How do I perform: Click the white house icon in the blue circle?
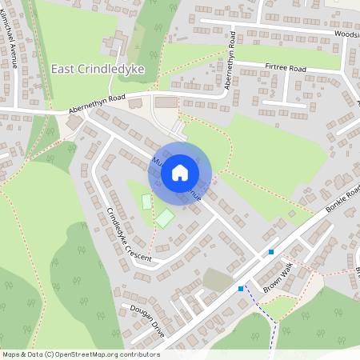click(180, 173)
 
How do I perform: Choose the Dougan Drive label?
click(144, 320)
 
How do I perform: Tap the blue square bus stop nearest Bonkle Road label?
click(271, 252)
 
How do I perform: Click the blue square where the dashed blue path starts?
click(241, 288)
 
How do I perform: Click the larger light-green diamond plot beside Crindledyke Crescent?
click(165, 217)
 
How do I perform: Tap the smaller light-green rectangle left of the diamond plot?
click(146, 202)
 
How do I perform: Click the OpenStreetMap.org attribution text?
click(100, 354)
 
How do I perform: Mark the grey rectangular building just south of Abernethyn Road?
click(167, 102)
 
